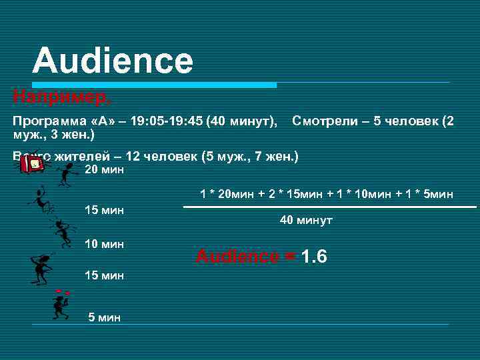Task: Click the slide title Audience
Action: (113, 61)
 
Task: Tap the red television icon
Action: (31, 165)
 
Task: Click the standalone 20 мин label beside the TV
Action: (105, 170)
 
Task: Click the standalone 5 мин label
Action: (105, 317)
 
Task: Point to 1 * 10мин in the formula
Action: (359, 194)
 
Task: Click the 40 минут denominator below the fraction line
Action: (306, 220)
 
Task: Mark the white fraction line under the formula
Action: (329, 207)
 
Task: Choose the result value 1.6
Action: (313, 257)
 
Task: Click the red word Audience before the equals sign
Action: (237, 257)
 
